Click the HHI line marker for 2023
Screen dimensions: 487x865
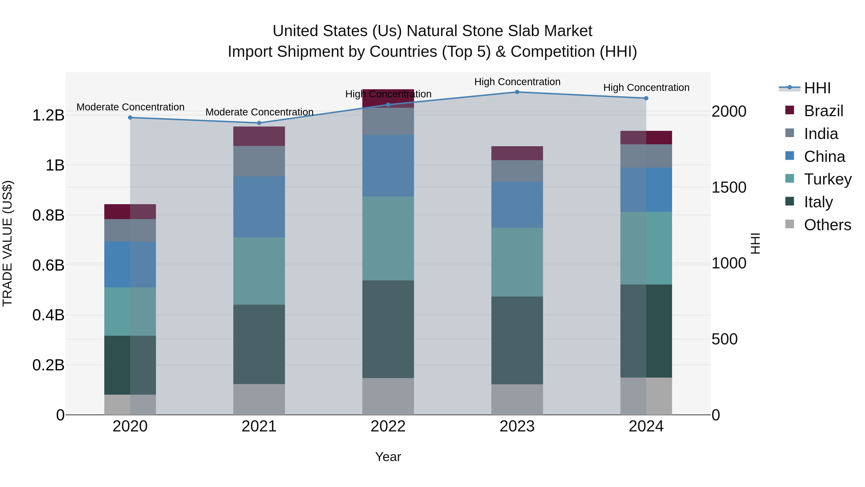point(517,92)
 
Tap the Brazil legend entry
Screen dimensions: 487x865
point(823,111)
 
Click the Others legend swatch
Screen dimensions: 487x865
point(790,224)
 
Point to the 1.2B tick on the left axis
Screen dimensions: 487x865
point(48,115)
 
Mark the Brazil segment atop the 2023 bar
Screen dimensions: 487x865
point(517,153)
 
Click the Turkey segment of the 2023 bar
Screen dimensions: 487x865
point(517,262)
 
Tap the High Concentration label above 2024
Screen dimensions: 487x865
point(646,87)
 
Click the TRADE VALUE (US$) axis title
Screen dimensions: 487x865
point(7,243)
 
